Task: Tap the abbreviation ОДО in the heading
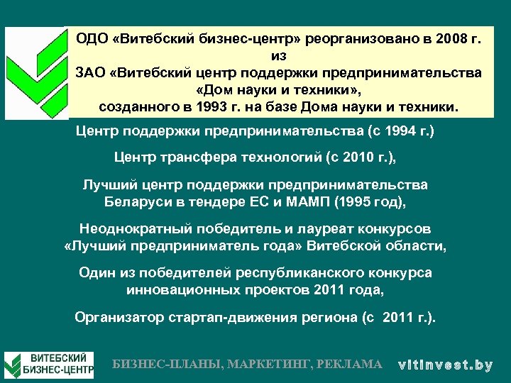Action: (x=94, y=39)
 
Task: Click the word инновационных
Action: (x=182, y=290)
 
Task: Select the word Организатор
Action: (x=118, y=317)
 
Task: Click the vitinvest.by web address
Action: (x=445, y=365)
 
